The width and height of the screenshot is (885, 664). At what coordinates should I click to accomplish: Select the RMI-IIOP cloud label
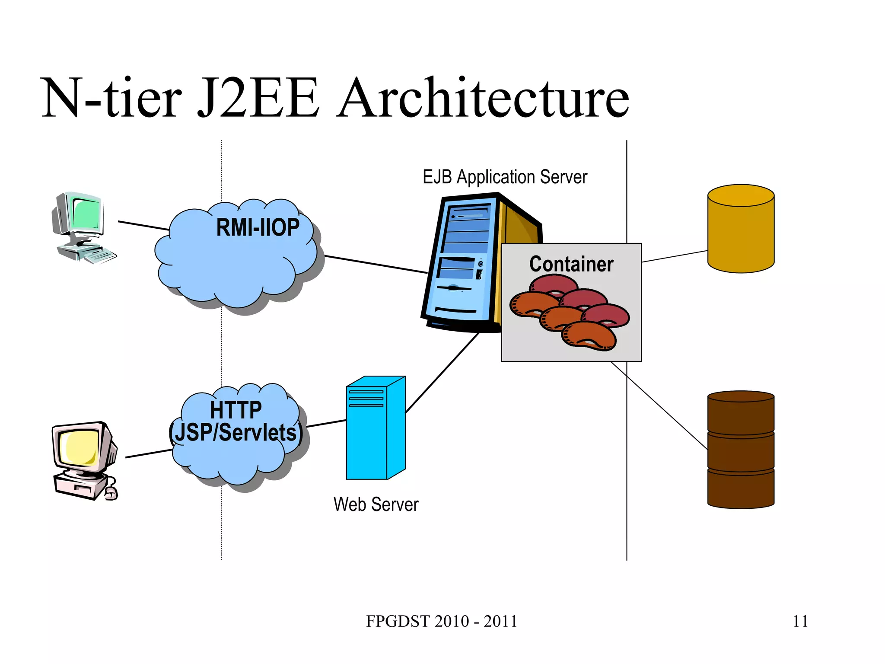pyautogui.click(x=258, y=227)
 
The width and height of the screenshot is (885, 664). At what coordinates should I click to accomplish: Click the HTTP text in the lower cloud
pyautogui.click(x=236, y=409)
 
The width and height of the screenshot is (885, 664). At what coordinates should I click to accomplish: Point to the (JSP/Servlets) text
pyautogui.click(x=236, y=433)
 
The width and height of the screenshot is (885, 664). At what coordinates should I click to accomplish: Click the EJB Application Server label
pyautogui.click(x=505, y=177)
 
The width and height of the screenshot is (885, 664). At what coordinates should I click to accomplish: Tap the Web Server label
pyautogui.click(x=376, y=504)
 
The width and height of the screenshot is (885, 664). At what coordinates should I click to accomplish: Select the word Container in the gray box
pyautogui.click(x=571, y=264)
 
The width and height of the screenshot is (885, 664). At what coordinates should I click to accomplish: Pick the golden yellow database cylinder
pyautogui.click(x=741, y=229)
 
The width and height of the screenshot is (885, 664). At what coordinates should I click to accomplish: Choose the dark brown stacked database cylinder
pyautogui.click(x=741, y=450)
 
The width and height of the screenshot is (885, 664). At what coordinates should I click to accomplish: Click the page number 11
pyautogui.click(x=800, y=621)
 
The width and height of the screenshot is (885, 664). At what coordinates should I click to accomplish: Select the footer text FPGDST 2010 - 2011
pyautogui.click(x=442, y=621)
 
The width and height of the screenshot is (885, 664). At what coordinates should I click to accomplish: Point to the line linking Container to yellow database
pyautogui.click(x=674, y=256)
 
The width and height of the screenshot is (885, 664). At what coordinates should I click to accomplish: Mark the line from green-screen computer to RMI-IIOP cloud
pyautogui.click(x=143, y=226)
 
